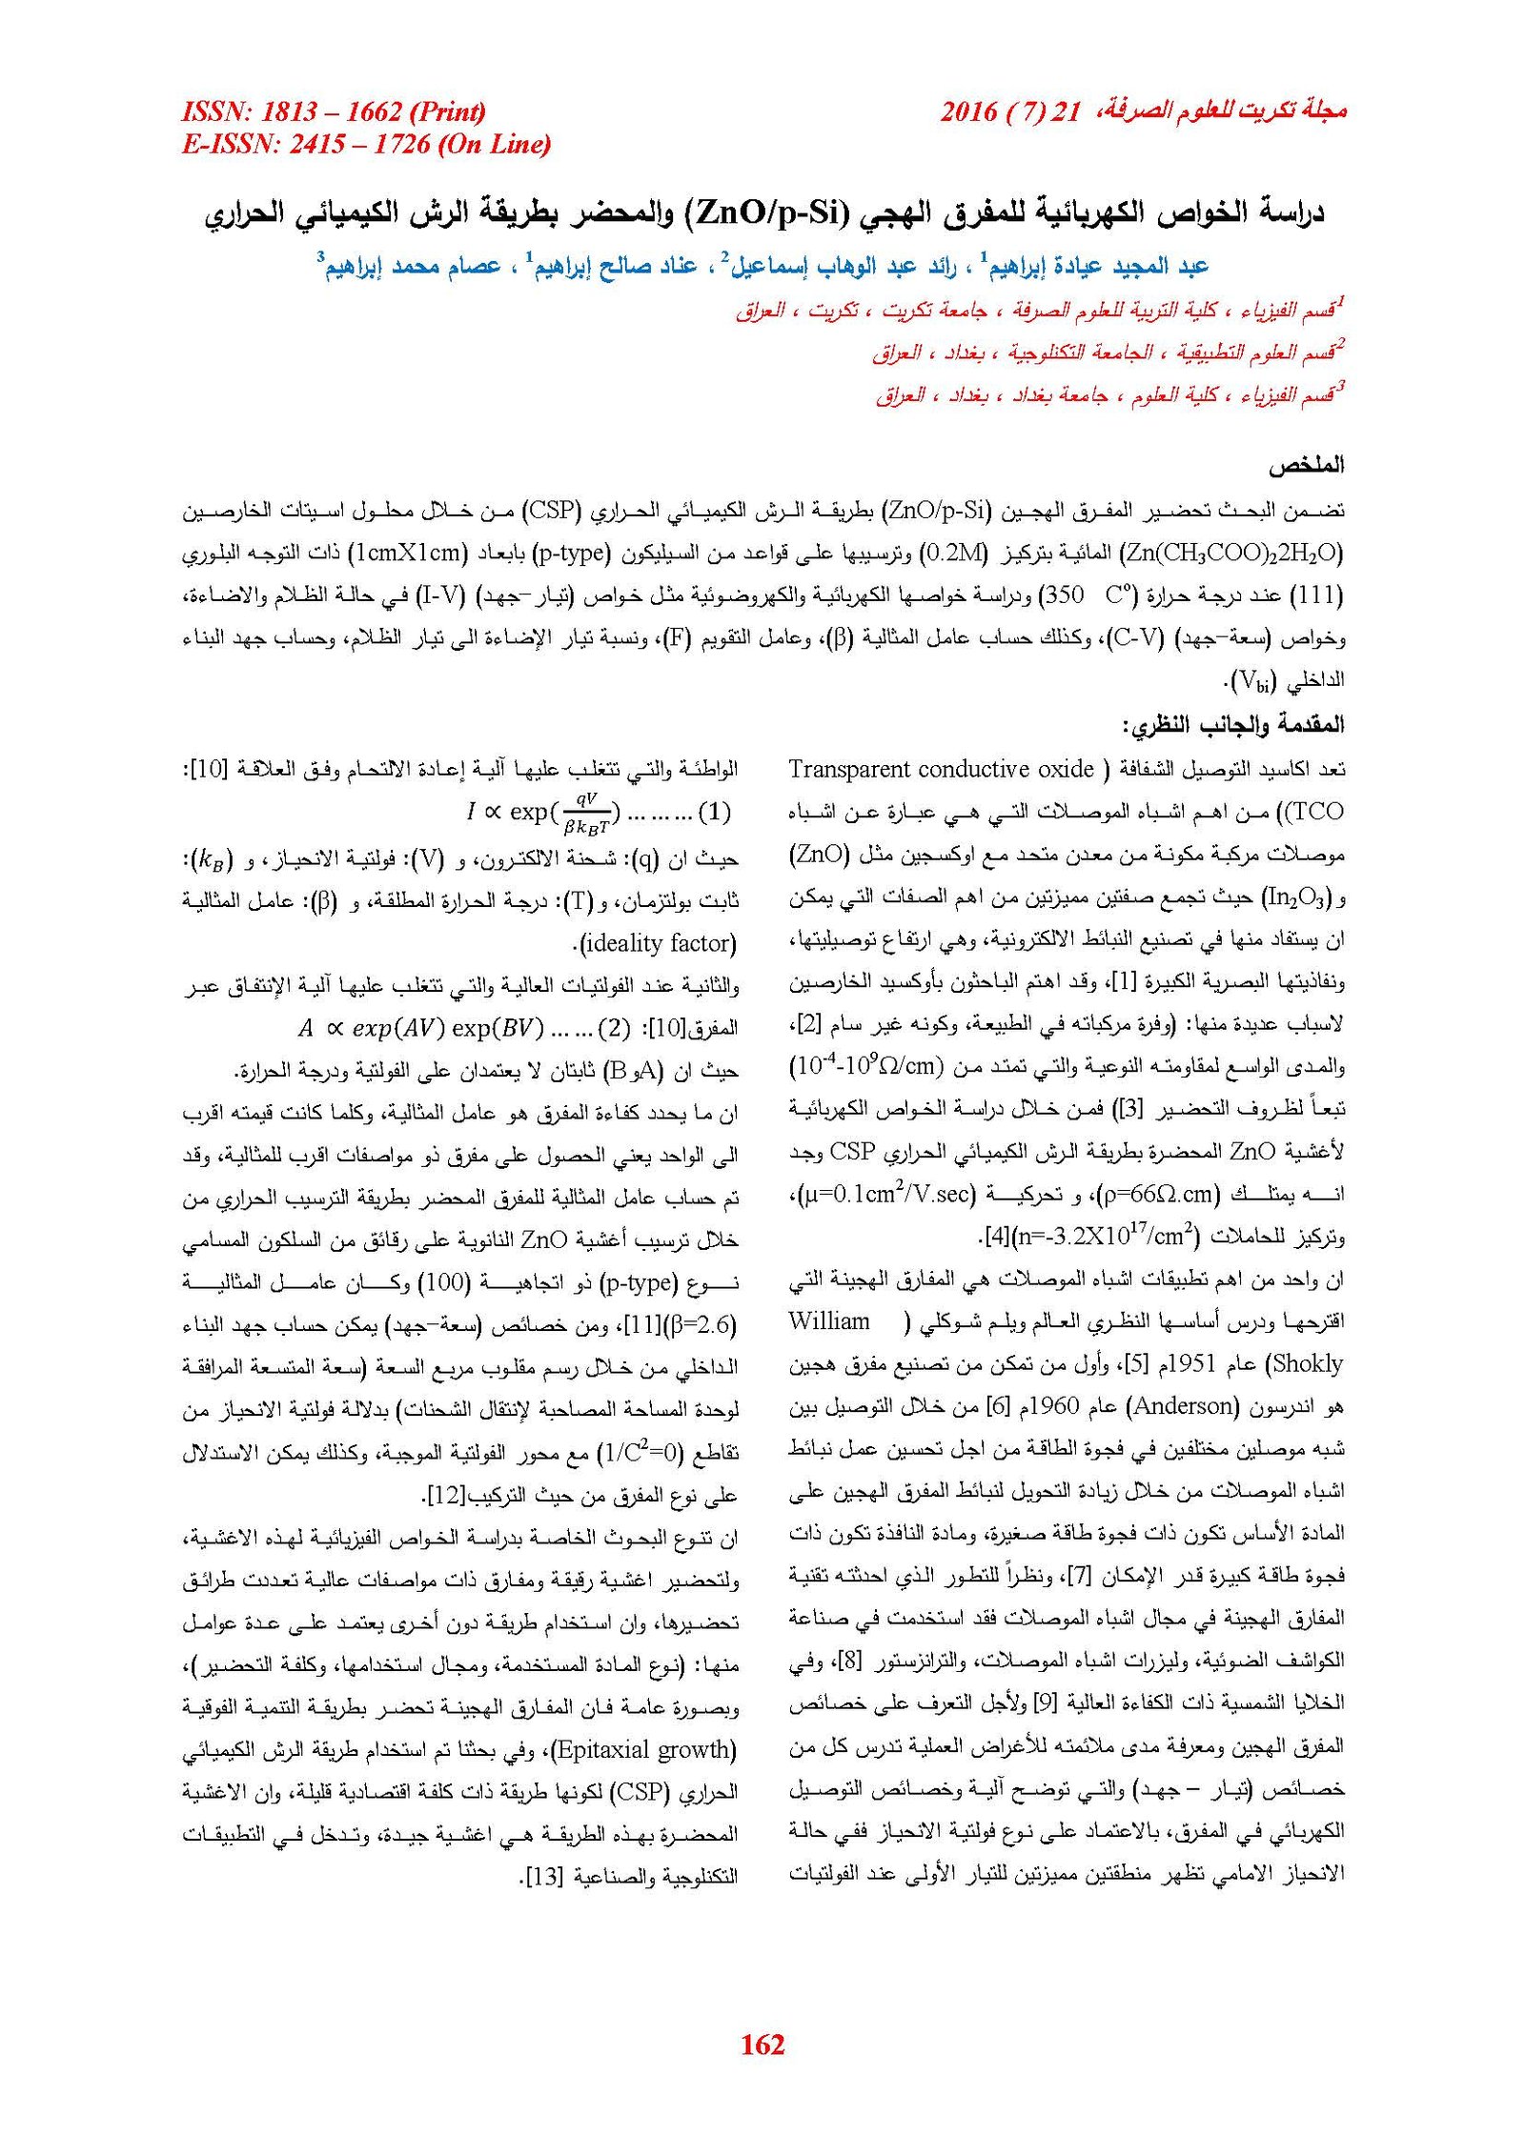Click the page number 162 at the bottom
[x=762, y=2045]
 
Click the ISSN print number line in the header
[x=334, y=111]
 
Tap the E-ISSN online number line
[x=366, y=144]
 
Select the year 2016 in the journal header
[x=968, y=111]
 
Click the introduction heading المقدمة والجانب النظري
[x=1232, y=724]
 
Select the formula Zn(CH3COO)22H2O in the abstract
[x=1231, y=553]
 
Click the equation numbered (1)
[x=599, y=813]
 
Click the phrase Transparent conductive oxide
[x=941, y=769]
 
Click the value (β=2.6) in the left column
[x=703, y=1325]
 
